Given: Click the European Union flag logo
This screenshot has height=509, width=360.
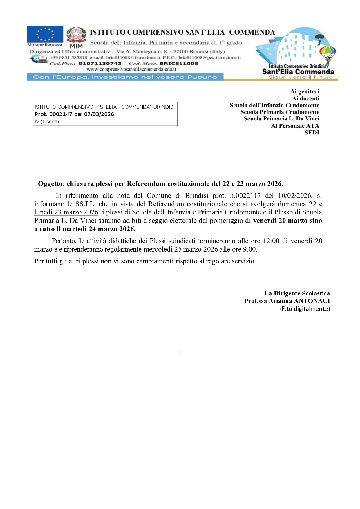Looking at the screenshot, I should click(45, 34).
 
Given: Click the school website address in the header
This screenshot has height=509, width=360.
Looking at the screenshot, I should click(131, 69).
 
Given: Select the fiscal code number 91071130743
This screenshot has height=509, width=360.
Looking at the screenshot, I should click(100, 64).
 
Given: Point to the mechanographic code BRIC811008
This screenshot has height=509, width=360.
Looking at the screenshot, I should click(179, 64).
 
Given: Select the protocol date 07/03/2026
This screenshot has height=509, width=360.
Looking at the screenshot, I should click(99, 114).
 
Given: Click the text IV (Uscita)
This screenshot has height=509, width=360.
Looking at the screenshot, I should click(47, 122).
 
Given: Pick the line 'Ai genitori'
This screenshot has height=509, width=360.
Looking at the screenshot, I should click(305, 91).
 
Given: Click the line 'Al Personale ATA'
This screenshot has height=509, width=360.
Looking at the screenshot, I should click(295, 126).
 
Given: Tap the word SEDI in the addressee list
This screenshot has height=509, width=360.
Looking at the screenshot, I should click(312, 133).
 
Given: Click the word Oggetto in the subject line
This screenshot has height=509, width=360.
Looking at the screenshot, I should click(51, 184).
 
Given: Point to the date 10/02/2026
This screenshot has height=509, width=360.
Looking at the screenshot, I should click(291, 196).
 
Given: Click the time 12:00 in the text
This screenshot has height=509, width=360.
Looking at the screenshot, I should click(271, 241).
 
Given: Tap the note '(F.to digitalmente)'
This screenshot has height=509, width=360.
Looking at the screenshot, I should click(305, 309).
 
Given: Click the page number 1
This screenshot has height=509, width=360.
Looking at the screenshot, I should click(180, 353).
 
